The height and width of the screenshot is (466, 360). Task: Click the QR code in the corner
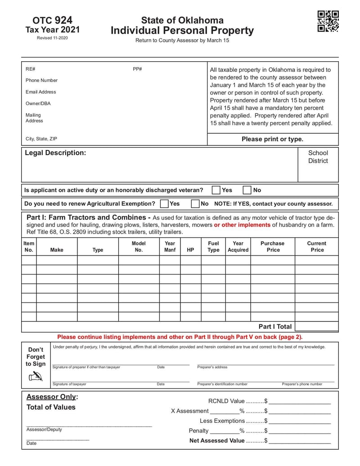[x=328, y=21]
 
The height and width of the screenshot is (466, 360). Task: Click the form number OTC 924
[x=52, y=20]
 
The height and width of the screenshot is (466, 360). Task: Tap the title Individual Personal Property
[x=182, y=31]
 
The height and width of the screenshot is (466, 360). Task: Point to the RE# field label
[x=30, y=69]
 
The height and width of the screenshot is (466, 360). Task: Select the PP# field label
[x=137, y=69]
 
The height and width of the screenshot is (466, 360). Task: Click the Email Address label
[x=41, y=92]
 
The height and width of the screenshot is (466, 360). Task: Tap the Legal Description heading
[x=55, y=153]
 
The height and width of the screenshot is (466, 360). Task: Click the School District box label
[x=318, y=157]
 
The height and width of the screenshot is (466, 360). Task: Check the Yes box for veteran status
[x=216, y=190]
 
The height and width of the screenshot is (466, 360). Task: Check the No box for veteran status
[x=247, y=190]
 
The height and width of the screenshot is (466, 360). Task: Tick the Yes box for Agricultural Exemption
[x=164, y=204]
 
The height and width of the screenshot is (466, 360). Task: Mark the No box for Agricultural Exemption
[x=195, y=204]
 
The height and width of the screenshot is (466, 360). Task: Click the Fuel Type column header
[x=213, y=246]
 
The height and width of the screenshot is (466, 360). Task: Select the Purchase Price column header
[x=273, y=246]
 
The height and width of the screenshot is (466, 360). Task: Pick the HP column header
[x=190, y=250]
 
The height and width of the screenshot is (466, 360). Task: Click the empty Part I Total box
[x=316, y=326]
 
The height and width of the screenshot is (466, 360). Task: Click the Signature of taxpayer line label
[x=69, y=384]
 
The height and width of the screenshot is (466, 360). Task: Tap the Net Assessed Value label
[x=217, y=441]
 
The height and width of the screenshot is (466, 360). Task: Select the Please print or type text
[x=272, y=139]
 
